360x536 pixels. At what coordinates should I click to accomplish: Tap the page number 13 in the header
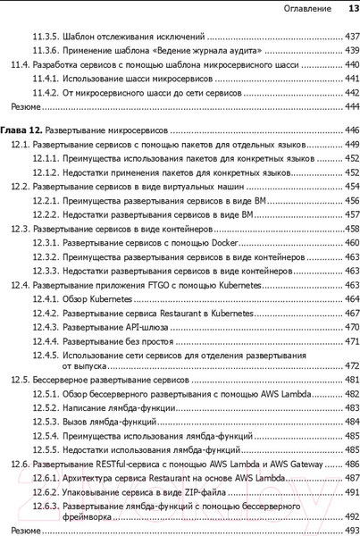click(352, 9)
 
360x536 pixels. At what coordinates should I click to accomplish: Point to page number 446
click(350, 130)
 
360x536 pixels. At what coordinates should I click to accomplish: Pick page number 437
click(350, 38)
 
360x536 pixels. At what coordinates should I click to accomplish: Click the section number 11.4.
click(18, 65)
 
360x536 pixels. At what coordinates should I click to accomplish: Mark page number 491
click(350, 492)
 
